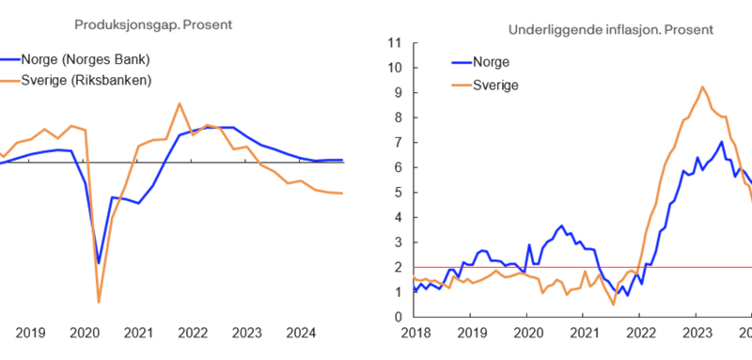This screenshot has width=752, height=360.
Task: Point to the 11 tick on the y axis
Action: click(394, 43)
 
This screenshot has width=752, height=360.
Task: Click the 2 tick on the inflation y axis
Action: click(398, 267)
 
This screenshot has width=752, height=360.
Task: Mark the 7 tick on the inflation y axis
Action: click(398, 143)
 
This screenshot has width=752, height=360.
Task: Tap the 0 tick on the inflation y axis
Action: click(398, 317)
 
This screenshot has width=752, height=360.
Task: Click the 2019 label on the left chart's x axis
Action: click(30, 332)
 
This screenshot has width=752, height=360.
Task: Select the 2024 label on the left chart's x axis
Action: click(301, 332)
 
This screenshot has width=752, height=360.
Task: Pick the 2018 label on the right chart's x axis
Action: click(415, 333)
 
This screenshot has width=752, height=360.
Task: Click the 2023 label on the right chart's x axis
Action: click(697, 333)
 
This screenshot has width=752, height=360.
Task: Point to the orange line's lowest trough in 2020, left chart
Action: click(99, 302)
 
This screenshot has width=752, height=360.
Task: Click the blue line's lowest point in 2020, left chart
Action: click(98, 263)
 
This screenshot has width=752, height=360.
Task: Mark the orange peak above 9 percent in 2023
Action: click(702, 87)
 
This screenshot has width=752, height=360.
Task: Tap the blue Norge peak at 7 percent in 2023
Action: click(721, 142)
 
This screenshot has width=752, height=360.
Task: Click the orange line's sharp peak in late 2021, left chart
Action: click(179, 103)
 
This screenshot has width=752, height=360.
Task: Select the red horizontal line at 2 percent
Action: click(564, 267)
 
